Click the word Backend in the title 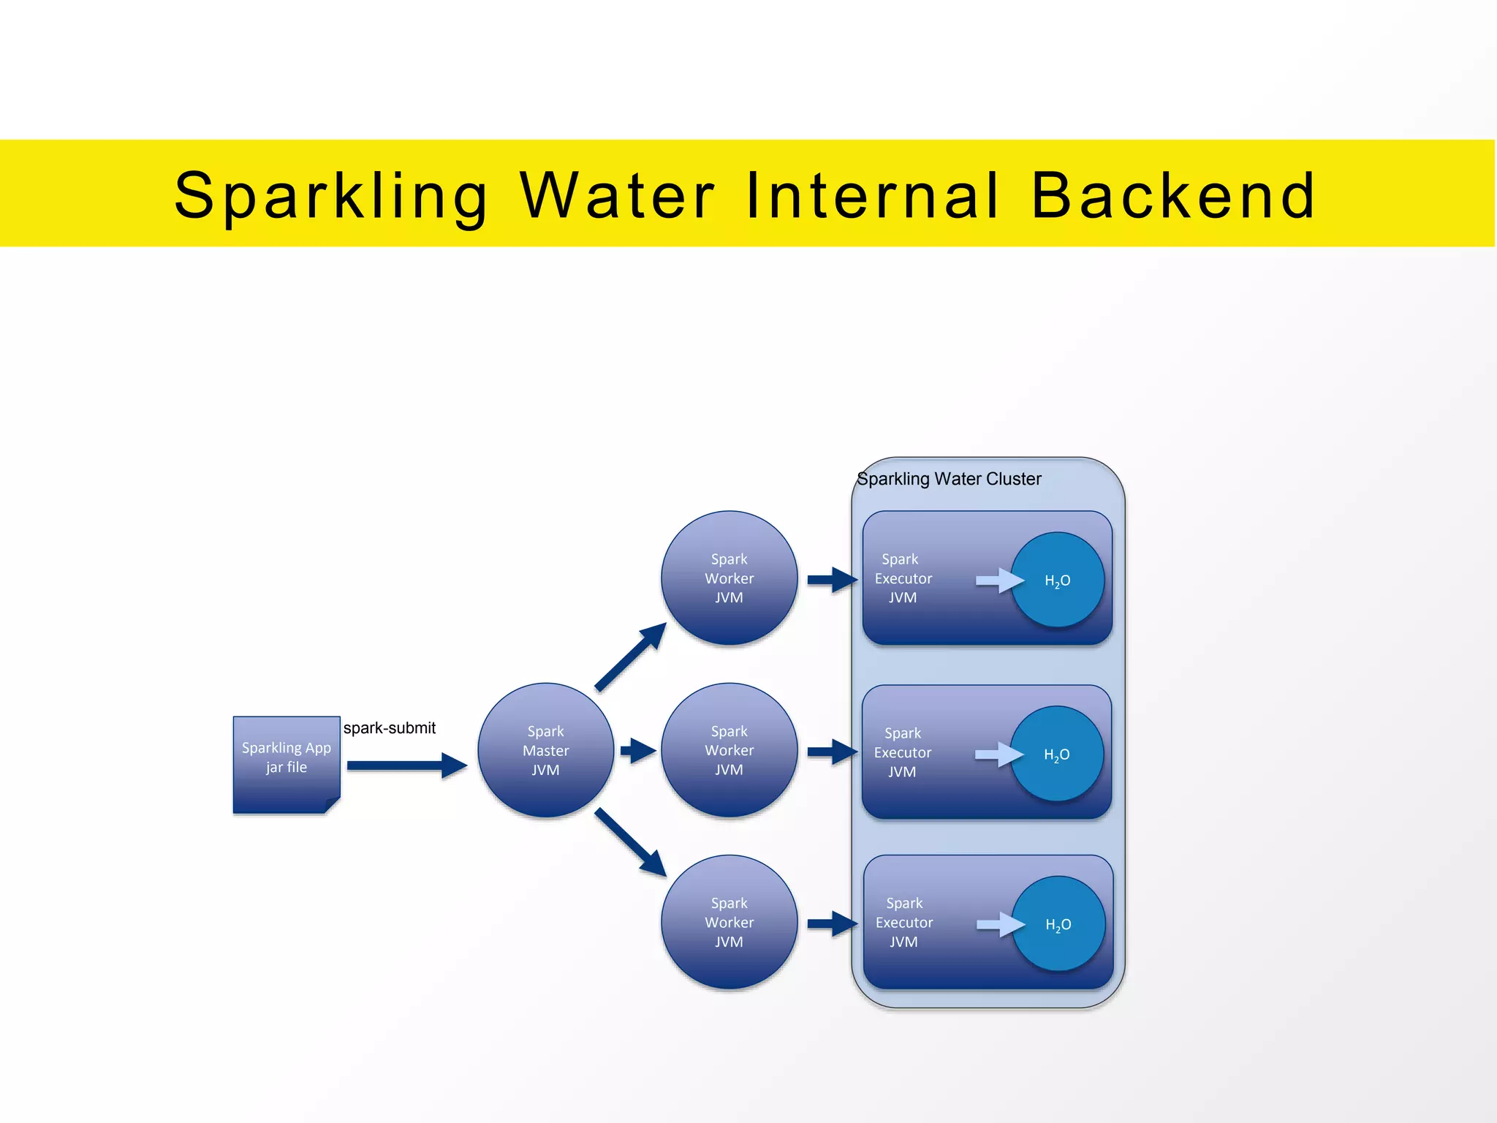pyautogui.click(x=1172, y=195)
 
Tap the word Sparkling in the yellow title pyautogui.click(x=331, y=195)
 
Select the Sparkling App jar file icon pyautogui.click(x=287, y=763)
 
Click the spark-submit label pyautogui.click(x=390, y=728)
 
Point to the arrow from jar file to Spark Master pyautogui.click(x=406, y=765)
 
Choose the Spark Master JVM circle pyautogui.click(x=545, y=750)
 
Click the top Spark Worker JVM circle pyautogui.click(x=729, y=578)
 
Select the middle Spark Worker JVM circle pyautogui.click(x=729, y=750)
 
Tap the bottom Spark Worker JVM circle pyautogui.click(x=729, y=922)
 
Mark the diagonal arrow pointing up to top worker pyautogui.click(x=630, y=657)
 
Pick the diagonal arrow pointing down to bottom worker pyautogui.click(x=630, y=842)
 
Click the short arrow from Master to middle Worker pyautogui.click(x=637, y=750)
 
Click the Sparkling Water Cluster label pyautogui.click(x=949, y=479)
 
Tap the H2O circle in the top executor pyautogui.click(x=1057, y=580)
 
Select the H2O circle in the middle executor pyautogui.click(x=1056, y=754)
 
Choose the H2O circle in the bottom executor pyautogui.click(x=1058, y=924)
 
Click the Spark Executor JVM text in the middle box pyautogui.click(x=903, y=752)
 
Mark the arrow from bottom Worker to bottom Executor pyautogui.click(x=832, y=923)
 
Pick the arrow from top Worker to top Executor pyautogui.click(x=832, y=580)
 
